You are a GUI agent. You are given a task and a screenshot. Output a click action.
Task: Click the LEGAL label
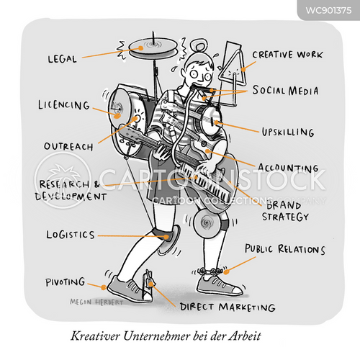point(62,59)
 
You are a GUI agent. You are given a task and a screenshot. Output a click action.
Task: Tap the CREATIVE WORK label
point(287,55)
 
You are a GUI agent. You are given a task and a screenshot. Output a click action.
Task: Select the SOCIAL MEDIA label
point(285,91)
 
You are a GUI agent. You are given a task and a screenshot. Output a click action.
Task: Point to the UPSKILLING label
point(288,132)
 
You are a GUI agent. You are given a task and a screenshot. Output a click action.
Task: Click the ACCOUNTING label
point(288,168)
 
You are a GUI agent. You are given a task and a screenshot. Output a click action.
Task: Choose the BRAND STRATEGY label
point(284,211)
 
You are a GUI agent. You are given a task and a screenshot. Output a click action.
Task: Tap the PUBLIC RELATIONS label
point(285,249)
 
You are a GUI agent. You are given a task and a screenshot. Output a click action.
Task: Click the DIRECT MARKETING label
point(228,307)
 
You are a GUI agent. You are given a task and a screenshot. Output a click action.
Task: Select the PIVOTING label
point(66,282)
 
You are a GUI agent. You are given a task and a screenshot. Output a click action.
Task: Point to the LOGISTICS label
point(71,235)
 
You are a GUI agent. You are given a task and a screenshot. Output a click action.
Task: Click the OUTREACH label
point(68,146)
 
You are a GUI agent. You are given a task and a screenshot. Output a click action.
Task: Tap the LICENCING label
point(64,105)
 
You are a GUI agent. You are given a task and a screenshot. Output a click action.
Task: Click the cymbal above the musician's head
point(153,48)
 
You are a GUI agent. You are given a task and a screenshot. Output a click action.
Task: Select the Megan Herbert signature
point(96,302)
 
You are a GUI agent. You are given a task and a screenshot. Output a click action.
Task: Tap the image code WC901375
point(328,10)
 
